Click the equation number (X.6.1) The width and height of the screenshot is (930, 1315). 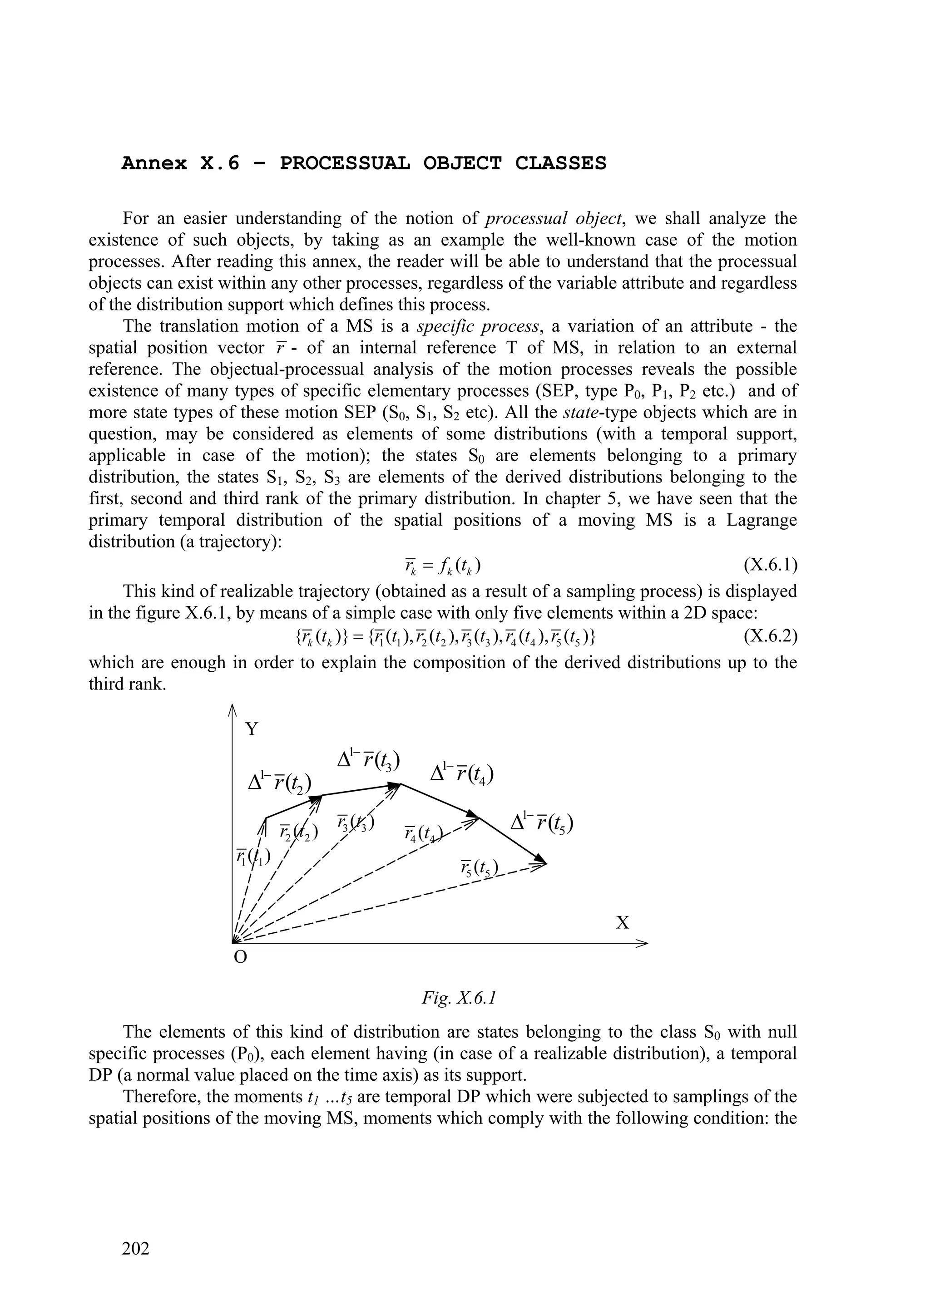770,566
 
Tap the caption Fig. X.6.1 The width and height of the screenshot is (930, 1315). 459,998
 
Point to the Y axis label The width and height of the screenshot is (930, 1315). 252,729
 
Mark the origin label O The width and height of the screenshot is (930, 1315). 241,957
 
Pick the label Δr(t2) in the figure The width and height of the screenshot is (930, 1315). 280,781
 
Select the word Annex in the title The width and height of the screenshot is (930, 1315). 154,163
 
